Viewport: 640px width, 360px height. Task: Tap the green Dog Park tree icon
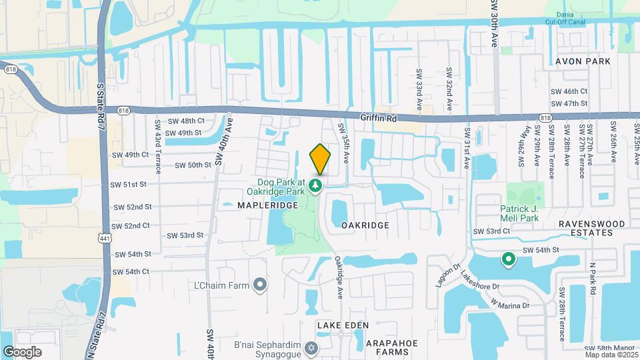318,185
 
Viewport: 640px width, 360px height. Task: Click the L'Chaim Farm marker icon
261,285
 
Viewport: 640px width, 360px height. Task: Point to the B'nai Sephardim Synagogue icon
311,349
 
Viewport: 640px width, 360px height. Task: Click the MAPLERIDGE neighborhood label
267,205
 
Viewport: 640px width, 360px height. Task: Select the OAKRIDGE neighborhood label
365,225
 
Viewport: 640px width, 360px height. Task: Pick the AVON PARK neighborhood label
583,61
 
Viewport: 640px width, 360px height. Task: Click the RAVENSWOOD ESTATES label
585,228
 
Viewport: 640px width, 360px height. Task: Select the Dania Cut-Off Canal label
566,18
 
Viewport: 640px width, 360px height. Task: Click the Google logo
22,352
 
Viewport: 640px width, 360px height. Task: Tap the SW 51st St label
129,184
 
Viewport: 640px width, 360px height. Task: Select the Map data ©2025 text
611,355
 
